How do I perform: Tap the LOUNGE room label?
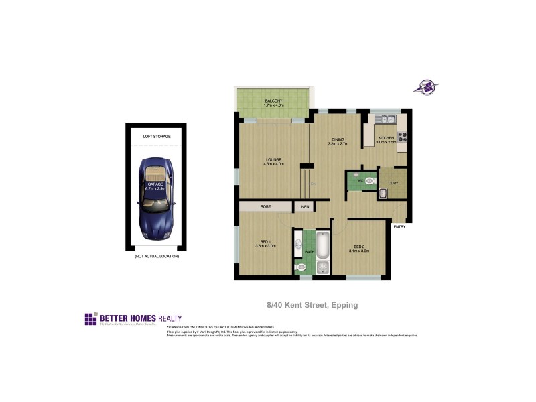[x=274, y=159]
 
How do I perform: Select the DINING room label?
[x=337, y=139]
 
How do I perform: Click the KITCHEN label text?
[x=387, y=138]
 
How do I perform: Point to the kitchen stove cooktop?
[x=403, y=137]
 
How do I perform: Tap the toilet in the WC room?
[x=369, y=180]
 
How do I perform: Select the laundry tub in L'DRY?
[x=383, y=194]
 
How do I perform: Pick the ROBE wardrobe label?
[x=265, y=207]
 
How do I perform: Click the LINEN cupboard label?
[x=304, y=207]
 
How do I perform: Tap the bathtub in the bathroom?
[x=323, y=245]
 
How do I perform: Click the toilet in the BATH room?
[x=301, y=267]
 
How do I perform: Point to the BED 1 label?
[x=265, y=242]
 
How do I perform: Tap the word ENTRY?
[x=399, y=227]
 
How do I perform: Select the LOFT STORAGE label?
[x=157, y=136]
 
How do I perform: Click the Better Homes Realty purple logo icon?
[x=90, y=319]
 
